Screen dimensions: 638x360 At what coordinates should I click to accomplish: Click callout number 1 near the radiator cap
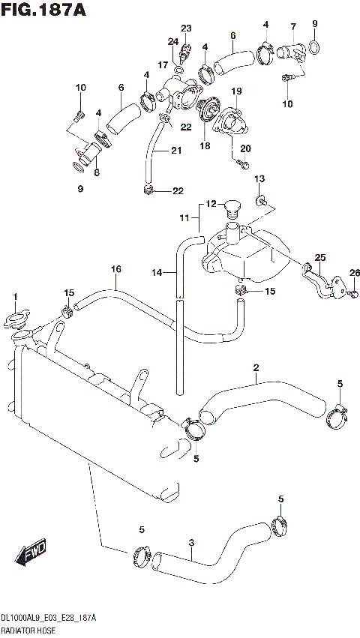[x=13, y=298]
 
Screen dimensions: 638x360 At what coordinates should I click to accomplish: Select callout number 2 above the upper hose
[x=256, y=367]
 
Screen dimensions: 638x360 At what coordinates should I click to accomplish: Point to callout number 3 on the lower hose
[x=192, y=543]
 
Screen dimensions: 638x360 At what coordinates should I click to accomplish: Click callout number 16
[x=116, y=269]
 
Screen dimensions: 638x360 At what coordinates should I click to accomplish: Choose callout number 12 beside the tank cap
[x=211, y=204]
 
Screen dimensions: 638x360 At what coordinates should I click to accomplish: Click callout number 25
[x=320, y=258]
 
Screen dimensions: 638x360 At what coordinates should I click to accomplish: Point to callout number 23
[x=186, y=28]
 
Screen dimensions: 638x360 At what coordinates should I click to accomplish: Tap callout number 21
[x=176, y=151]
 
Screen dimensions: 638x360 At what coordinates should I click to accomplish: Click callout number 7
[x=293, y=28]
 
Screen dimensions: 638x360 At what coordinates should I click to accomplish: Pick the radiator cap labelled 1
[x=15, y=321]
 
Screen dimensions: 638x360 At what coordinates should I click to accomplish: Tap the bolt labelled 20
[x=239, y=160]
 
